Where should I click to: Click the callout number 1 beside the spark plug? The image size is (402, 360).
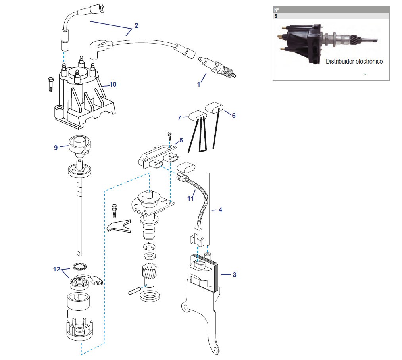pos(199,84)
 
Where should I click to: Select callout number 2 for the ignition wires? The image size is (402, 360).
pos(136,25)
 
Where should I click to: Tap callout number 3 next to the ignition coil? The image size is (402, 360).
pos(234,274)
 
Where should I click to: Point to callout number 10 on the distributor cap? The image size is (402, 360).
pos(113,84)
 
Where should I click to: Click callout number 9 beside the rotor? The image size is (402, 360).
pos(56,147)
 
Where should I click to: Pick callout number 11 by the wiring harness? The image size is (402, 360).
pos(190,198)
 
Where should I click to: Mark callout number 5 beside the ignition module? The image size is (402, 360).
pos(181,140)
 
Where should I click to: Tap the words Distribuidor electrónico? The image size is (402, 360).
pos(354,62)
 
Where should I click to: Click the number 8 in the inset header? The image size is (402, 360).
pos(276,16)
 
